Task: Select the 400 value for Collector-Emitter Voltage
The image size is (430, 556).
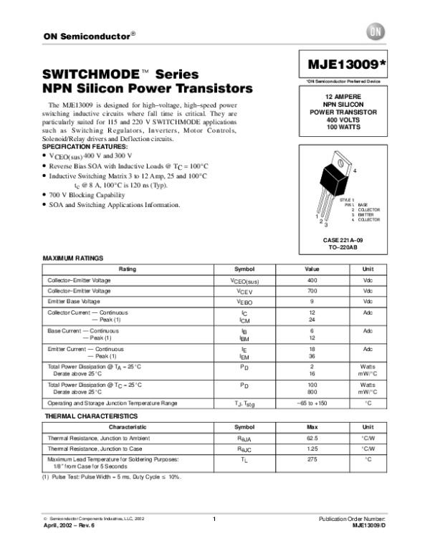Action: pos(312,280)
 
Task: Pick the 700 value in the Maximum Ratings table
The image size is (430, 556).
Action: pos(312,292)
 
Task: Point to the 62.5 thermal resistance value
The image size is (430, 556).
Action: pos(312,437)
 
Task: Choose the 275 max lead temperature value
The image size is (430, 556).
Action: pos(312,458)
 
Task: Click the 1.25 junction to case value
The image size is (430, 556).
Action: pos(312,448)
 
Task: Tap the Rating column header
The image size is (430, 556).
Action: pos(127,269)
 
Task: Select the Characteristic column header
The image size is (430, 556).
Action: pos(127,426)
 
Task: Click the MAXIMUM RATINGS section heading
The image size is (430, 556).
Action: pos(74,257)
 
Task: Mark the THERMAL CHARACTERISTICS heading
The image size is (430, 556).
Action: pos(85,416)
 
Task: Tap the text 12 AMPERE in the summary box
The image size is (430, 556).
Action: pos(343,96)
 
